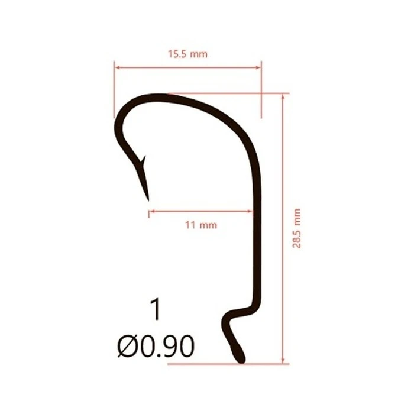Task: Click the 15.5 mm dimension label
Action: click(x=187, y=54)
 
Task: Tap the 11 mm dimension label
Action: click(x=201, y=225)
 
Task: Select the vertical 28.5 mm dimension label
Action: click(x=297, y=228)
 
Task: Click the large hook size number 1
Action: click(x=156, y=309)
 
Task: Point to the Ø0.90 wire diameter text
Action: click(x=156, y=346)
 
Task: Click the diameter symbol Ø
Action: click(x=128, y=346)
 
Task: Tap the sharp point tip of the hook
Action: click(x=148, y=200)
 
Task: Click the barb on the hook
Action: click(x=143, y=161)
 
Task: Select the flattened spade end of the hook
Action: click(x=239, y=354)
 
